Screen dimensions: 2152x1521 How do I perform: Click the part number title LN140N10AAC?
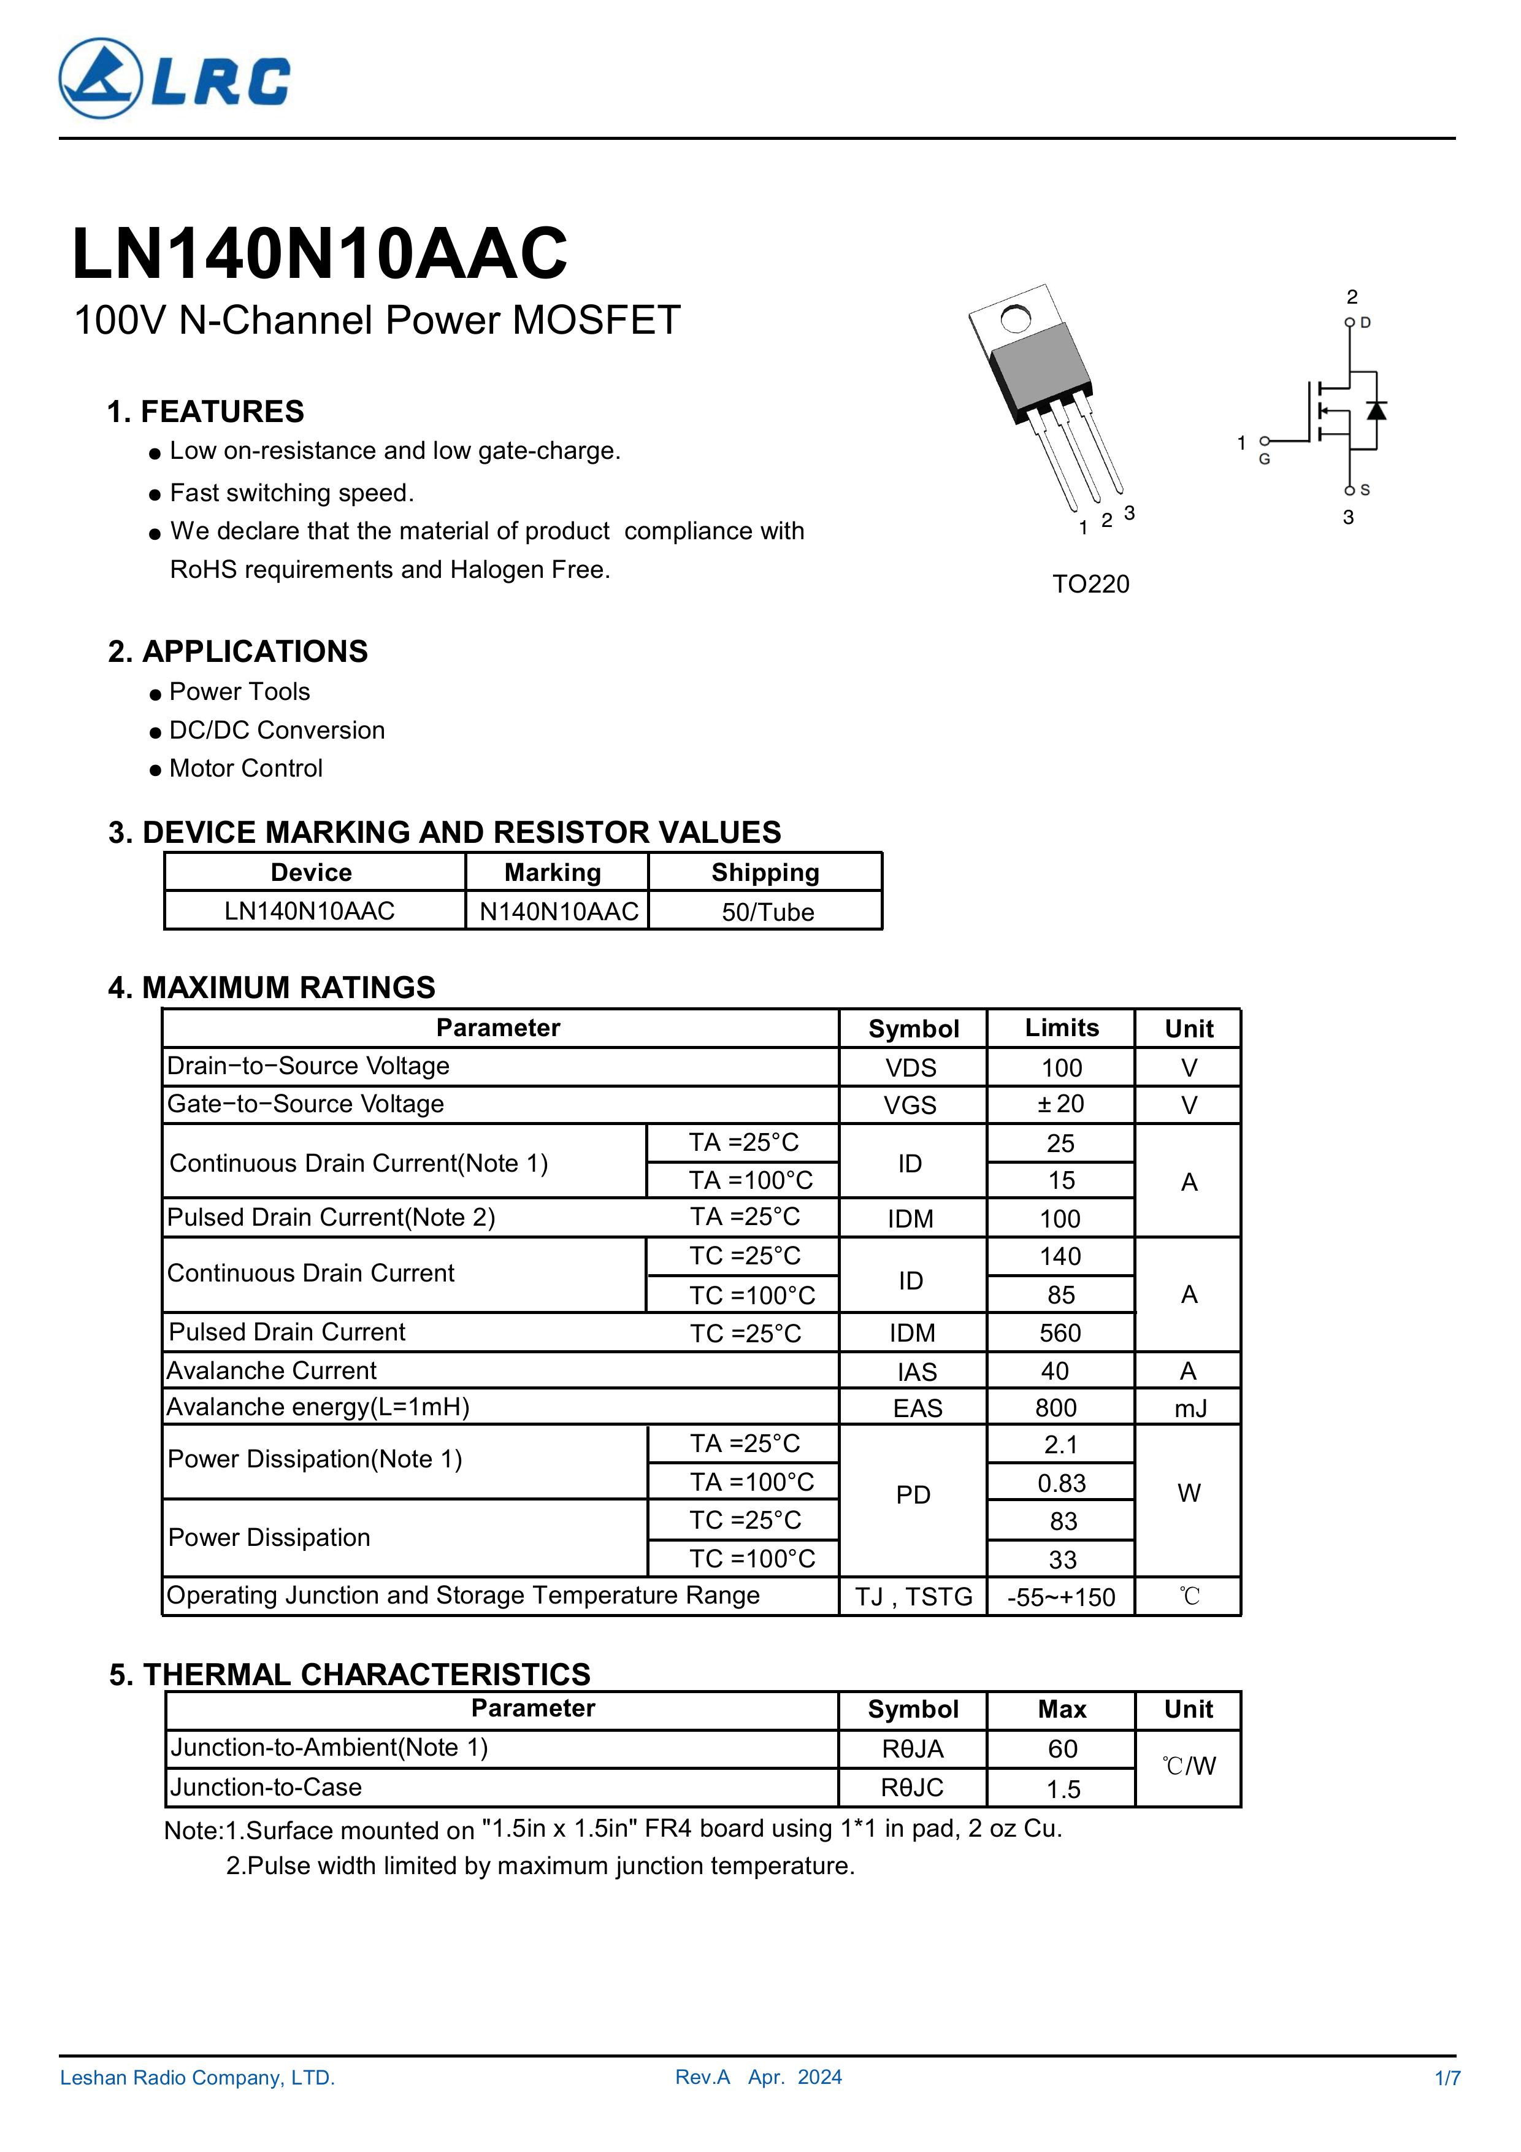pyautogui.click(x=320, y=254)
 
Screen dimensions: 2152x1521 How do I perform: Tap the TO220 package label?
pyautogui.click(x=1091, y=584)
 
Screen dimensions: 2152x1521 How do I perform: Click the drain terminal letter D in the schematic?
pyautogui.click(x=1365, y=323)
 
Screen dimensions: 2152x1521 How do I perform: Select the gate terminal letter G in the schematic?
pyautogui.click(x=1264, y=459)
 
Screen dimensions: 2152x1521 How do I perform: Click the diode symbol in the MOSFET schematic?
pyautogui.click(x=1376, y=410)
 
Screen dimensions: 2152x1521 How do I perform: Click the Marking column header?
pyautogui.click(x=553, y=872)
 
